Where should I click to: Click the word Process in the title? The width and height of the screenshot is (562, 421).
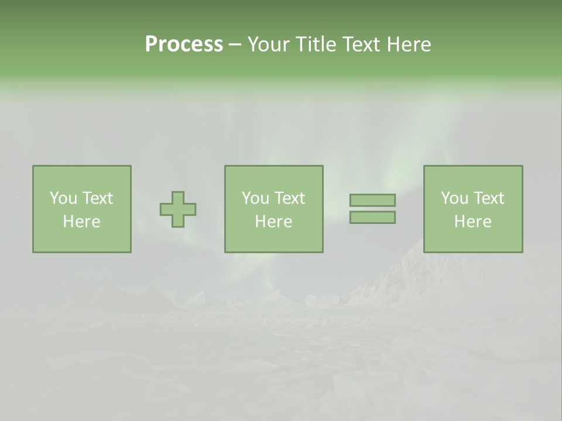click(x=184, y=44)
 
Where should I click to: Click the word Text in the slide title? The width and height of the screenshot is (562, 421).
click(x=360, y=44)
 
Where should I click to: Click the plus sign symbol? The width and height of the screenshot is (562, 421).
click(x=178, y=209)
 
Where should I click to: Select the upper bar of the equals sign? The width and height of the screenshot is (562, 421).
click(x=372, y=200)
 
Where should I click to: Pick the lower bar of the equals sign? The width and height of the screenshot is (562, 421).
click(x=372, y=218)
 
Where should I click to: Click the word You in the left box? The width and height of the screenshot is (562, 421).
click(x=63, y=198)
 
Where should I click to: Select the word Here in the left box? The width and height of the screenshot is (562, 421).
click(x=81, y=222)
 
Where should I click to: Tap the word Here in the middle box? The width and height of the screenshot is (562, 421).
click(x=273, y=222)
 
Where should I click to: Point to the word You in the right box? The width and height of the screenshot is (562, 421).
click(x=454, y=198)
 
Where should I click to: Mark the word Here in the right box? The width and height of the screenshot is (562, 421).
click(x=472, y=222)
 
